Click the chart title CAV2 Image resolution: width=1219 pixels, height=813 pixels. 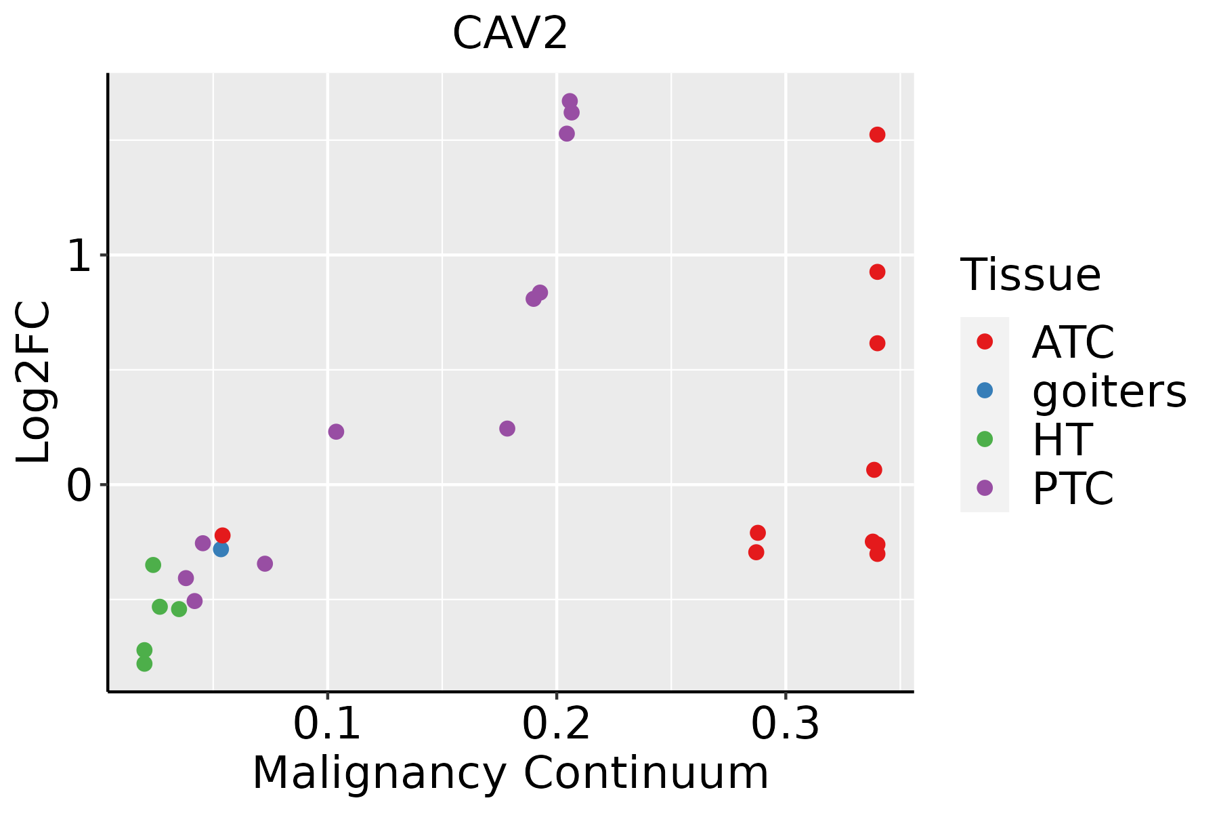[509, 34]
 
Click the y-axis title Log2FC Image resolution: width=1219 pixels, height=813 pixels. [34, 382]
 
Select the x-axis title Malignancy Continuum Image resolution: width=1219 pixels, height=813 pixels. [510, 774]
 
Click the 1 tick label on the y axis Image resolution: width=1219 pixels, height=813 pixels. [79, 257]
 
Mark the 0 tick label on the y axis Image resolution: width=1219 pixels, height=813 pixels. [79, 486]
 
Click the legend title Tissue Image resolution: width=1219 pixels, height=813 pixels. [1030, 275]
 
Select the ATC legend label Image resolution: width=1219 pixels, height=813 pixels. [1073, 342]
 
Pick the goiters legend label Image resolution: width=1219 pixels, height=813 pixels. [1109, 391]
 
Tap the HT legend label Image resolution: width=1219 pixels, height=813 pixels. [1062, 440]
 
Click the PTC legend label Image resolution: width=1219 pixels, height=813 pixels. [1073, 488]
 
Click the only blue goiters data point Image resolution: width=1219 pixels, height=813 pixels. [221, 549]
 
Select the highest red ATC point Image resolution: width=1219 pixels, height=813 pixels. [877, 135]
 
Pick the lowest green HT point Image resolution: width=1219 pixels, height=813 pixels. [144, 663]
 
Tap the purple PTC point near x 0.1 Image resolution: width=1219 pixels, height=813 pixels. [336, 432]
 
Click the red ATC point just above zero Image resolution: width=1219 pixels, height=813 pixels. [874, 470]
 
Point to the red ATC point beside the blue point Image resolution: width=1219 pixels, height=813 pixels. [222, 535]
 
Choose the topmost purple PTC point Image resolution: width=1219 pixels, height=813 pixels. [570, 101]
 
